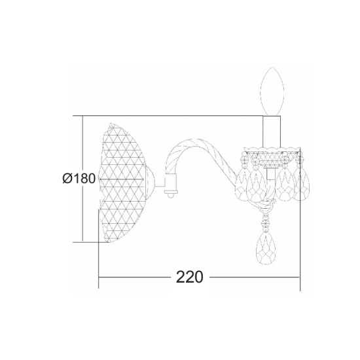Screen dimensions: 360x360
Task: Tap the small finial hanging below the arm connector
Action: coord(171,194)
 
